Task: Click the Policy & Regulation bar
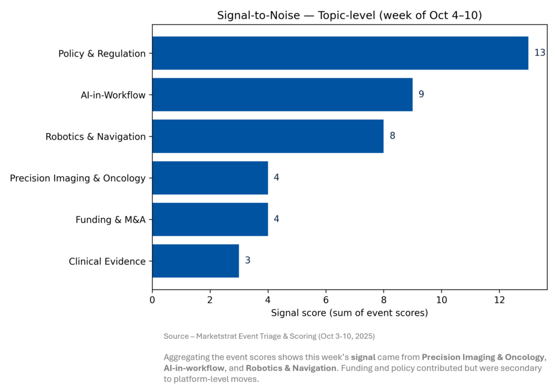tap(340, 53)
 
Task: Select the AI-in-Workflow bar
tap(282, 95)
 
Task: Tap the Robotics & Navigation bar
tap(268, 136)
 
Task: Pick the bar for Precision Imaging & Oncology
tap(210, 178)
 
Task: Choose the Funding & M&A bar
tap(210, 219)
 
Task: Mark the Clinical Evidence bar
tap(195, 261)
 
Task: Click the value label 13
tap(540, 53)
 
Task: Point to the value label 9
tap(421, 95)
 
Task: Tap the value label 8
tap(392, 136)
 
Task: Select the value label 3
tap(247, 261)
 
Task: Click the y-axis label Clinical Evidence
tap(107, 262)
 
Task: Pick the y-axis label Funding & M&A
tap(110, 220)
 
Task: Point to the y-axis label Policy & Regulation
tap(102, 54)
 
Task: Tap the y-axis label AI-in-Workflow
tap(113, 95)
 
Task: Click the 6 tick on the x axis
tap(326, 300)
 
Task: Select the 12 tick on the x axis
tap(499, 300)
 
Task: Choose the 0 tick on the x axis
tap(152, 300)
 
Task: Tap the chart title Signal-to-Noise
tap(349, 15)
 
